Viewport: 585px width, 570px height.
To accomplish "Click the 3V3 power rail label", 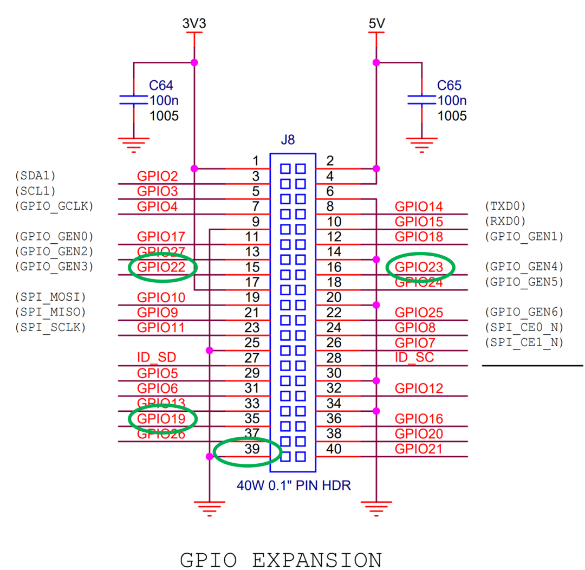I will point(194,24).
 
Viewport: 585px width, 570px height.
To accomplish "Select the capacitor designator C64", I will point(161,86).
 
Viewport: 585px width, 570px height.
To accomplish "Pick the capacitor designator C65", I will point(449,86).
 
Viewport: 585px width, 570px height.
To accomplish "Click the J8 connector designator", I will point(288,140).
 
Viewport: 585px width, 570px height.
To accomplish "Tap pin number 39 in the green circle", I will point(251,449).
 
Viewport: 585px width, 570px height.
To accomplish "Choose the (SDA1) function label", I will point(35,176).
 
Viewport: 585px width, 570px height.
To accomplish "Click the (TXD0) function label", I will point(506,206).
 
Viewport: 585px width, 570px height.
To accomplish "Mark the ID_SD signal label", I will point(157,358).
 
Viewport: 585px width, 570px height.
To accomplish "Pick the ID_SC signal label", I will point(414,358).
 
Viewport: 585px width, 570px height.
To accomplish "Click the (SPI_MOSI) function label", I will point(51,297).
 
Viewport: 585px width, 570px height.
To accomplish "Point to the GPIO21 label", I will point(419,449).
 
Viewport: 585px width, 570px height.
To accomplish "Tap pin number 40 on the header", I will point(334,449).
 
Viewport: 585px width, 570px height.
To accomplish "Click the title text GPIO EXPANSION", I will point(281,560).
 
